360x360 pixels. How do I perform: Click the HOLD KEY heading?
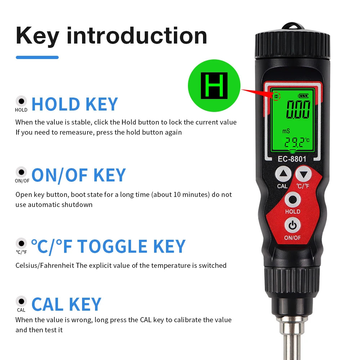point(75,104)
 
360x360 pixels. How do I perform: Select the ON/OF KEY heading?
point(78,175)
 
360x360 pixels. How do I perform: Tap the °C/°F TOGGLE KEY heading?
point(108,247)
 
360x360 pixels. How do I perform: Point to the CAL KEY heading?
point(66,304)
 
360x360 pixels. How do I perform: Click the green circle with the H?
point(214,86)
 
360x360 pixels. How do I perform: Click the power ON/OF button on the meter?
point(292,226)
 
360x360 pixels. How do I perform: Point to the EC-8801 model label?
point(292,158)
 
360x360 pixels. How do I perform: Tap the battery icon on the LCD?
point(303,96)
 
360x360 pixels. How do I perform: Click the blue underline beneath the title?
point(37,57)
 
